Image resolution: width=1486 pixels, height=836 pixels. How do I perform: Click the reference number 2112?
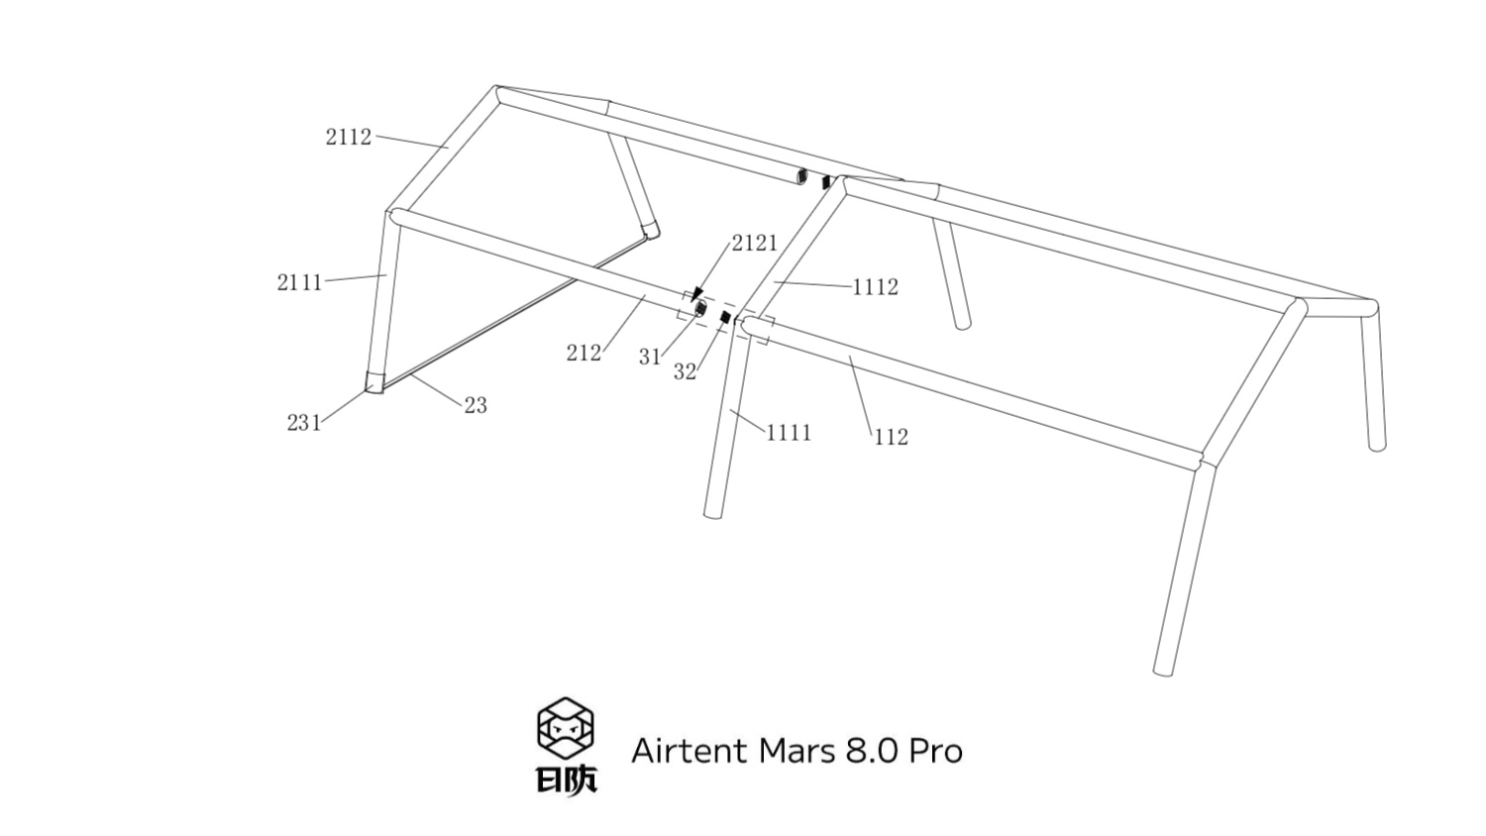349,137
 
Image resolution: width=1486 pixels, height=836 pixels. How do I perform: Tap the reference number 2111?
299,282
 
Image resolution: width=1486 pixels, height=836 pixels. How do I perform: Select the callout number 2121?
755,243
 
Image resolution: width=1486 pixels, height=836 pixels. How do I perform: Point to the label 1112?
876,287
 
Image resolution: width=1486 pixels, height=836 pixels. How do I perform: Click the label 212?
584,353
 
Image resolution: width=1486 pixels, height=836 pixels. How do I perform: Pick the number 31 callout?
650,357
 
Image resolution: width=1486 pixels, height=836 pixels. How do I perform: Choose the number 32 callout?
685,372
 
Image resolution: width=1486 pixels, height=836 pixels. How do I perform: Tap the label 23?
476,405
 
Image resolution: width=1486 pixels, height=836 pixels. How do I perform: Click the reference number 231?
304,423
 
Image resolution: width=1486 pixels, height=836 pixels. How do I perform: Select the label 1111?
789,433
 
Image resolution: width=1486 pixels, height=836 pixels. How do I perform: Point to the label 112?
891,437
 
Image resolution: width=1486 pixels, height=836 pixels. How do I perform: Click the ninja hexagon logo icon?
566,727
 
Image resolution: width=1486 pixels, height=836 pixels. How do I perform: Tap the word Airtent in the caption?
690,751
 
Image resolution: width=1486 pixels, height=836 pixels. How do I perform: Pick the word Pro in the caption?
936,752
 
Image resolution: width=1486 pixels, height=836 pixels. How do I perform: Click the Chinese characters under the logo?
567,781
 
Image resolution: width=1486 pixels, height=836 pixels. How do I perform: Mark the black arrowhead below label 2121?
696,294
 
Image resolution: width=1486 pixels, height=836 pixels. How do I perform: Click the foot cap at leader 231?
373,382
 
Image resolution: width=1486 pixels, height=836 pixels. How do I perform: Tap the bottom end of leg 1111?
712,512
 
